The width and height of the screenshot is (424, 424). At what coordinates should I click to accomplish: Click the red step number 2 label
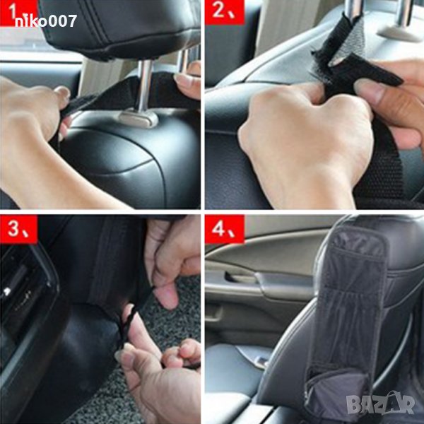225,12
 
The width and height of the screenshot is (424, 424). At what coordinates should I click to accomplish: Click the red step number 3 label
18,229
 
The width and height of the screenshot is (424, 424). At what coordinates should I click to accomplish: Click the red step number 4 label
225,229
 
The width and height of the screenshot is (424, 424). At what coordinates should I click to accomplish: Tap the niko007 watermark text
46,21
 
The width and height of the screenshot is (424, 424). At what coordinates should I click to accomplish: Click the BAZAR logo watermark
380,404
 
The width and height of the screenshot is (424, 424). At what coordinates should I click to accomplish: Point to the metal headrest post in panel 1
145,86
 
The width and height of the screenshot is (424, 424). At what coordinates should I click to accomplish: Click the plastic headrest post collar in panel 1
139,118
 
